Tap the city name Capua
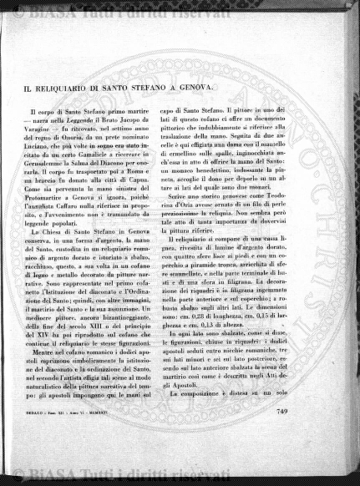pos(153,184)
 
